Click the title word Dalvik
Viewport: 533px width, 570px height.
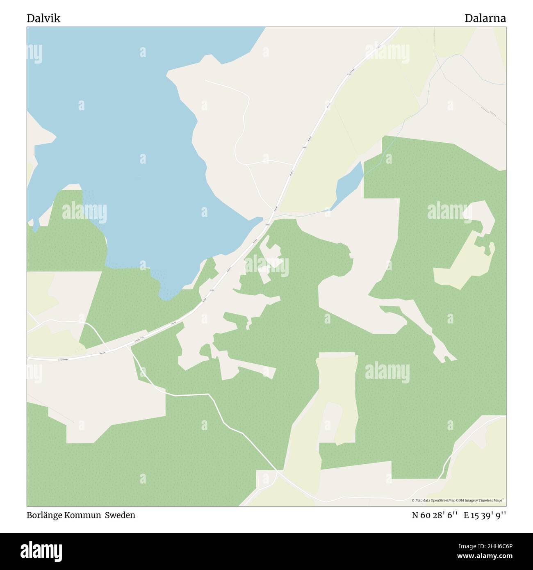point(43,18)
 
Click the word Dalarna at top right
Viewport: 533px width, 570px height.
point(485,18)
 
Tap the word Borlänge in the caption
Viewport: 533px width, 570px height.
point(44,515)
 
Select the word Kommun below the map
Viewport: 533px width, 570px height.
point(82,515)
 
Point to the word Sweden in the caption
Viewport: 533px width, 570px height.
point(120,515)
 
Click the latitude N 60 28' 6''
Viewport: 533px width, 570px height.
point(434,515)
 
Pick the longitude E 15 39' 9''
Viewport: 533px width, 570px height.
point(485,515)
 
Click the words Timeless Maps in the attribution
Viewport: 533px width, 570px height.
point(493,500)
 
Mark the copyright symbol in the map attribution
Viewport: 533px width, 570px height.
point(413,500)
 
